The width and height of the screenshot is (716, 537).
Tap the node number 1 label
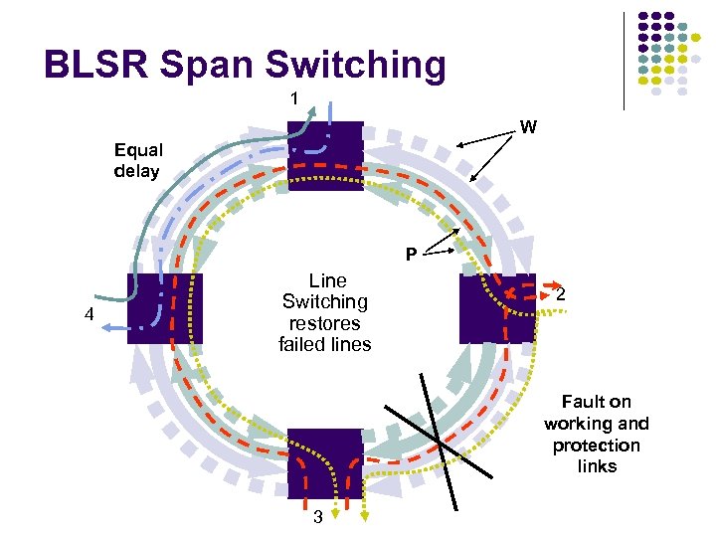(294, 98)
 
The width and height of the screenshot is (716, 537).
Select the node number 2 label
(562, 295)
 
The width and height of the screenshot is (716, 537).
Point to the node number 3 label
(317, 517)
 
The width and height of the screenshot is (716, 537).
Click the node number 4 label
(89, 316)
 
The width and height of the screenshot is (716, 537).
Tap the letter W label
(528, 127)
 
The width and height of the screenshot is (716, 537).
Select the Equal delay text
(138, 160)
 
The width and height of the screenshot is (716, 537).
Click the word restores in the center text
(324, 323)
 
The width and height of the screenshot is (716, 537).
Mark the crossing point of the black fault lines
(439, 441)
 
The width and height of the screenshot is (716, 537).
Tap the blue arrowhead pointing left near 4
(107, 328)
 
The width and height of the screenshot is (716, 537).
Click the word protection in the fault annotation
(596, 446)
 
